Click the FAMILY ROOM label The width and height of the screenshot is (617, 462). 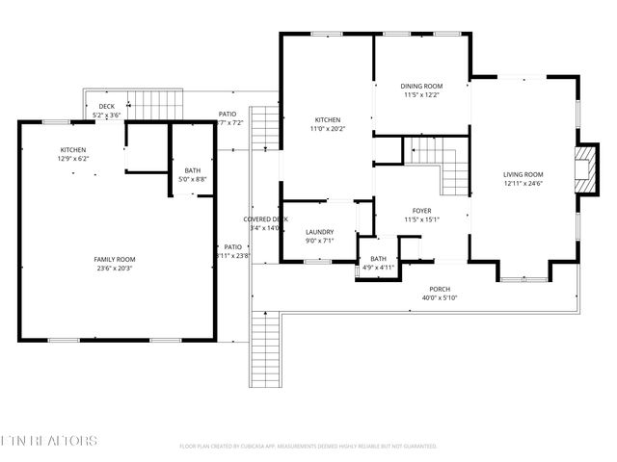click(x=114, y=260)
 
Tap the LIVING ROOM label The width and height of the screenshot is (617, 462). click(x=523, y=174)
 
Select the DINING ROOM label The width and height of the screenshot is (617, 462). click(x=421, y=86)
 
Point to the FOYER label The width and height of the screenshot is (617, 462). click(x=421, y=210)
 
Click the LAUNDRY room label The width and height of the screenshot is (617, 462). click(x=319, y=232)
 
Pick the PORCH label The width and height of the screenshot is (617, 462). click(x=440, y=289)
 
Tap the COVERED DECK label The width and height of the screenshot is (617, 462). click(x=265, y=219)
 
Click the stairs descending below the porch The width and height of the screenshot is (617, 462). click(x=264, y=349)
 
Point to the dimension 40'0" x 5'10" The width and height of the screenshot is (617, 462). click(x=440, y=298)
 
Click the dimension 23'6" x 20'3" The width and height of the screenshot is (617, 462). click(x=114, y=269)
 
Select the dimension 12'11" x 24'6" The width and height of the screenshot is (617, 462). click(x=523, y=184)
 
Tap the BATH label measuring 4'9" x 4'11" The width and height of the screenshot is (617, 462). click(x=378, y=258)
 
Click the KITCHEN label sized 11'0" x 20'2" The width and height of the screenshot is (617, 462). click(x=326, y=120)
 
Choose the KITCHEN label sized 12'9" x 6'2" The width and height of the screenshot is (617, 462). click(x=74, y=150)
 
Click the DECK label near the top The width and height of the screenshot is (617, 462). click(x=107, y=107)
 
